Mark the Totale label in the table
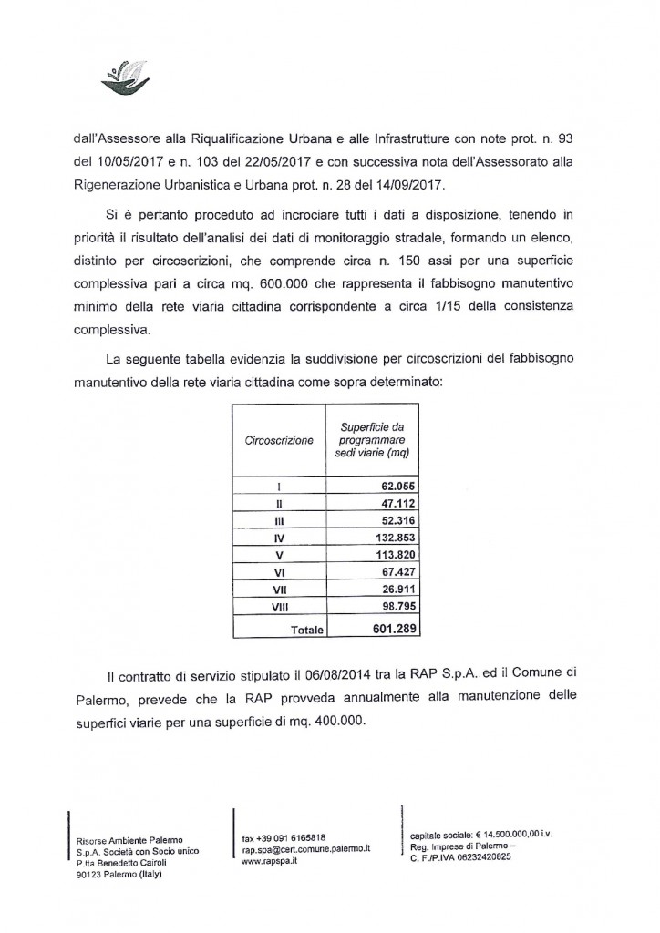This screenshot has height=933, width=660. click(306, 629)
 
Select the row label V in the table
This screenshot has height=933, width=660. click(278, 556)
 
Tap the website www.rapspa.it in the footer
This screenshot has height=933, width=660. click(265, 859)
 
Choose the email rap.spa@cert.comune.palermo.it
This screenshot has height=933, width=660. click(305, 848)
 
